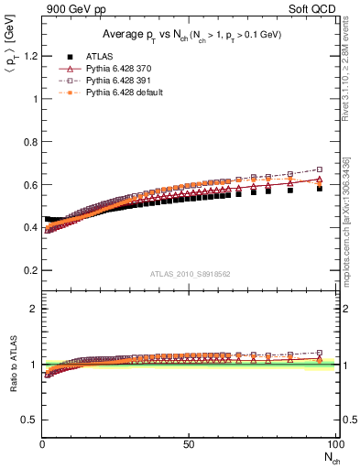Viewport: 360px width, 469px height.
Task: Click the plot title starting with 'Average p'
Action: tap(190, 34)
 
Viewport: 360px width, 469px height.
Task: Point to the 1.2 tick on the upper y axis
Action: tap(29, 56)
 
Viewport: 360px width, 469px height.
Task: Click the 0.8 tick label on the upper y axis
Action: tap(29, 142)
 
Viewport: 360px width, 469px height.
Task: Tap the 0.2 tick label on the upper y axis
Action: tap(29, 271)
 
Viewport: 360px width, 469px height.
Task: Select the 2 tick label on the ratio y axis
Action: tap(33, 309)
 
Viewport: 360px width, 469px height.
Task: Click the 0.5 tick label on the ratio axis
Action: tap(29, 420)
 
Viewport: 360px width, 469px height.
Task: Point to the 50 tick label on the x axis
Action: tap(189, 444)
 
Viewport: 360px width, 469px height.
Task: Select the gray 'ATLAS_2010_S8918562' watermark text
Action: tap(189, 274)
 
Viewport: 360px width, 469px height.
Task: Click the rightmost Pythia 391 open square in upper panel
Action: tap(319, 169)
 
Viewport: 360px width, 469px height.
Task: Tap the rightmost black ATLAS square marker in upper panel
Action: tap(319, 187)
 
